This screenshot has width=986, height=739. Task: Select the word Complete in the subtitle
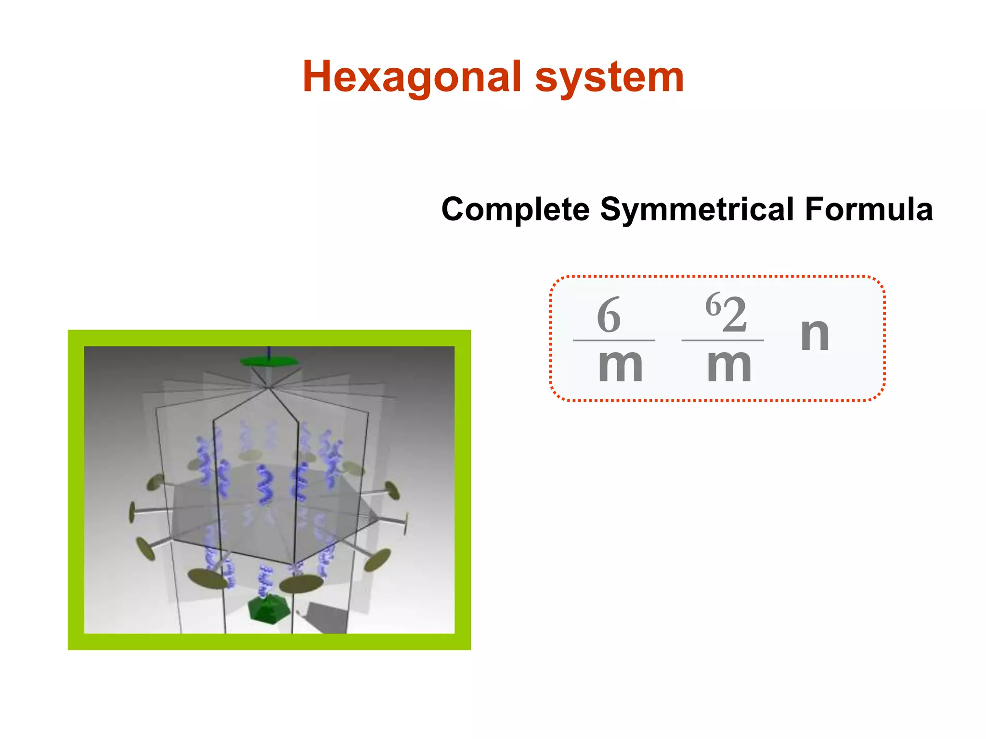pyautogui.click(x=515, y=209)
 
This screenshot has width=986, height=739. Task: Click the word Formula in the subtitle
pyautogui.click(x=869, y=209)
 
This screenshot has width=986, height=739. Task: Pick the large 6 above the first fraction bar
pyautogui.click(x=609, y=315)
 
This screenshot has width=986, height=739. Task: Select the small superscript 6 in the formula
pyautogui.click(x=714, y=304)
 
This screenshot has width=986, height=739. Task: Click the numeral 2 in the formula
pyautogui.click(x=735, y=315)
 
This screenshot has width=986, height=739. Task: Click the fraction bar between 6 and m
pyautogui.click(x=614, y=340)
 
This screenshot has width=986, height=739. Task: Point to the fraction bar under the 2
pyautogui.click(x=723, y=340)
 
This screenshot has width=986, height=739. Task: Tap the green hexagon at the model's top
pyautogui.click(x=270, y=361)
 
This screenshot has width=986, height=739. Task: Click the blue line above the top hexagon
pyautogui.click(x=269, y=351)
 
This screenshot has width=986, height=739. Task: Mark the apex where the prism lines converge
pyautogui.click(x=268, y=387)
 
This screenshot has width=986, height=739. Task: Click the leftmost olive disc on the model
pyautogui.click(x=132, y=512)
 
